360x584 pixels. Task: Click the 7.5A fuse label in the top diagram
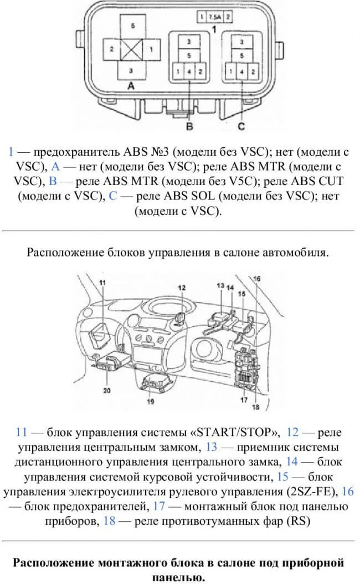coord(213,17)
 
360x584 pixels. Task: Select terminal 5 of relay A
coord(132,27)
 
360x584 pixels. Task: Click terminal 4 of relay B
coord(189,71)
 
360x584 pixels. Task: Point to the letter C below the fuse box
coord(241,126)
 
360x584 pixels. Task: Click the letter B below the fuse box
coord(189,126)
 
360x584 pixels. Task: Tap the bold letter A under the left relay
coord(131,86)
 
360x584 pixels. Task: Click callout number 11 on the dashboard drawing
coord(102,283)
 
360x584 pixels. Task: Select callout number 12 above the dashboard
coord(182,287)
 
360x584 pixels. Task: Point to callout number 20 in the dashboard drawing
coord(107,390)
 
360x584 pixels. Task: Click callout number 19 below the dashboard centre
coord(150,401)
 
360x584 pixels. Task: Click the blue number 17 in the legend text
coord(160,506)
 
